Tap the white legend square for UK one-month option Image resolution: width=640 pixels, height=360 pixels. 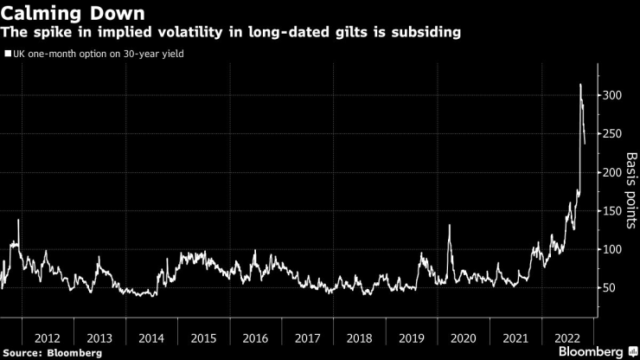click(x=8, y=54)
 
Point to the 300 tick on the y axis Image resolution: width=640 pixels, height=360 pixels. click(x=611, y=95)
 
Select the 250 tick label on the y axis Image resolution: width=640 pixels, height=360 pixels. click(x=611, y=134)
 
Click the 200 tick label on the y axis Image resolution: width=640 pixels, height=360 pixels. click(x=611, y=172)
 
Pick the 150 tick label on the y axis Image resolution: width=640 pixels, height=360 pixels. click(x=611, y=211)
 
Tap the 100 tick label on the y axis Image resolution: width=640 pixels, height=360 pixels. click(x=611, y=249)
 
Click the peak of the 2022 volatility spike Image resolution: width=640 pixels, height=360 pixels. click(x=580, y=85)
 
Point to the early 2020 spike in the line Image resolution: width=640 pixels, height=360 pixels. click(x=451, y=226)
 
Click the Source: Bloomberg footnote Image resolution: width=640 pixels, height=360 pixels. click(x=53, y=352)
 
